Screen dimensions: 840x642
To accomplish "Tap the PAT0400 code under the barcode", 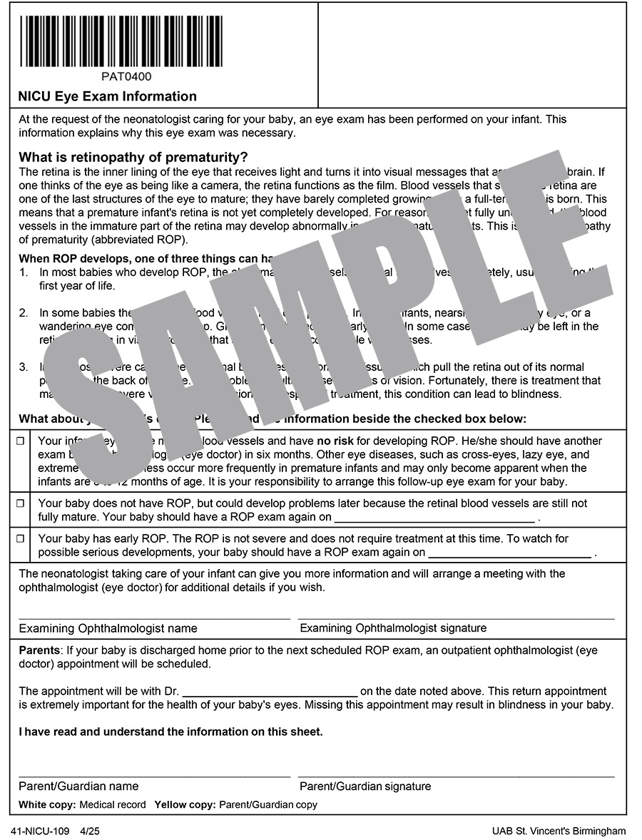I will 126,77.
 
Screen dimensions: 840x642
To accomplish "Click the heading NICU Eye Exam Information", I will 108,96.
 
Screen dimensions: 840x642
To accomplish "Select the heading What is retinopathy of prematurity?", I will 133,157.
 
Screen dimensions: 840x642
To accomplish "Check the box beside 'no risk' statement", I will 20,441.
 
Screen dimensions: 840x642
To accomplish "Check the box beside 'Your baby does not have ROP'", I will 20,503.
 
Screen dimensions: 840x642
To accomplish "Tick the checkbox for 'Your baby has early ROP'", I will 20,539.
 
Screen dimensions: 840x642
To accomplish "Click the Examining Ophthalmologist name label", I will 108,628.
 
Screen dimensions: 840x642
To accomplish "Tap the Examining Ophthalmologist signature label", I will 393,628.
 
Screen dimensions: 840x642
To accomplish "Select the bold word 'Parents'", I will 39,651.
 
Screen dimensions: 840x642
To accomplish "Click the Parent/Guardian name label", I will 78,787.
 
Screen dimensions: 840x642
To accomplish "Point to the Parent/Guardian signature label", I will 365,787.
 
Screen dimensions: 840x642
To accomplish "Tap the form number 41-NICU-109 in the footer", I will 40,831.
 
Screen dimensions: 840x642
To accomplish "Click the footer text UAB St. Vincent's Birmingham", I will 559,831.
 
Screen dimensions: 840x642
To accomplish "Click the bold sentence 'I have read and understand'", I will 170,732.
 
